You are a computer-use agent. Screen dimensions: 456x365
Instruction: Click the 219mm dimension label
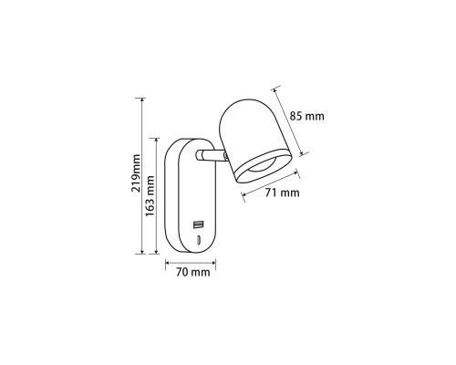136,173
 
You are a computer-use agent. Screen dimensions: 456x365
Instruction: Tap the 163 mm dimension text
150,195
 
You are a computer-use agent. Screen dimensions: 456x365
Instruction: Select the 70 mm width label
192,272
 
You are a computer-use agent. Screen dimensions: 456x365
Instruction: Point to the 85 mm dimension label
306,116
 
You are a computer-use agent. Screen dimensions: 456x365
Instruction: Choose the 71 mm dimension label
282,193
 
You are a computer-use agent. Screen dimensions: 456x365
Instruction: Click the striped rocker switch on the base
198,225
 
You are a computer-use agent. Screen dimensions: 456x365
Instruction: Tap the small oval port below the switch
198,240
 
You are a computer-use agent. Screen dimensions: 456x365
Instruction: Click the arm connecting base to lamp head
211,155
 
